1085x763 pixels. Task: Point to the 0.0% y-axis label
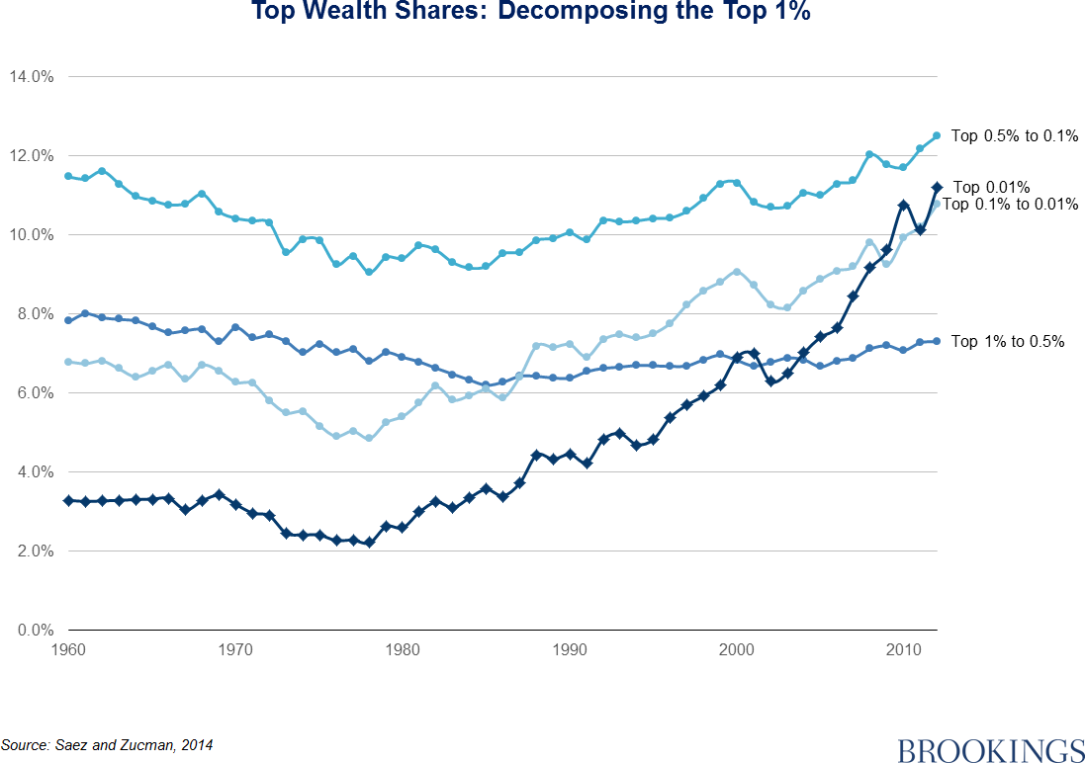(33, 631)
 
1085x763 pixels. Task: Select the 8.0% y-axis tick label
(33, 314)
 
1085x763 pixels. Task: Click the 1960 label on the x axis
(67, 650)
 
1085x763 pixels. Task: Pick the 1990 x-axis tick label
(569, 650)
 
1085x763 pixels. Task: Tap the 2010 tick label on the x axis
(903, 650)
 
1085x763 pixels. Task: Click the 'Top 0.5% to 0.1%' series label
(1014, 136)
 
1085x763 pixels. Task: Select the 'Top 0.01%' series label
(992, 187)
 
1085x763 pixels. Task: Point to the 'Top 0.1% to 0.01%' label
(1009, 205)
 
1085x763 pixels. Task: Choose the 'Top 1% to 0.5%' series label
(1007, 342)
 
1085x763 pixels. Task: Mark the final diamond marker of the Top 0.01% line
(936, 187)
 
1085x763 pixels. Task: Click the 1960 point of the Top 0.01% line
(67, 501)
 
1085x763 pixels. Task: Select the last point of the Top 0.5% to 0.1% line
(936, 135)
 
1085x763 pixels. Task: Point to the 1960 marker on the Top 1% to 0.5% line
(67, 320)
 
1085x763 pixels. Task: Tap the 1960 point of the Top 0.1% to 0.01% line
(67, 362)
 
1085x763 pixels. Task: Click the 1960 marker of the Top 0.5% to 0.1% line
(67, 176)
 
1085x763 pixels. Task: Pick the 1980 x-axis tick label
(402, 650)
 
